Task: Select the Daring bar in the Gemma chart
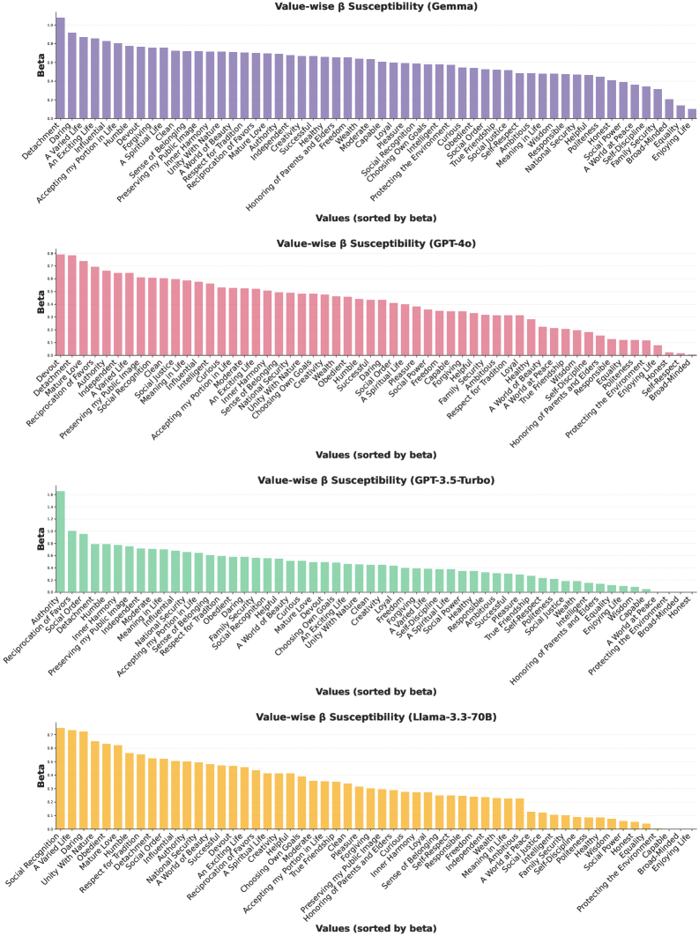(71, 76)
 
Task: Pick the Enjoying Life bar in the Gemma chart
(692, 113)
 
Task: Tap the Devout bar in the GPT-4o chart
(60, 305)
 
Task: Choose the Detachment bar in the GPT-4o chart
(71, 306)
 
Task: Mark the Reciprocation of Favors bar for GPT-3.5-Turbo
(71, 561)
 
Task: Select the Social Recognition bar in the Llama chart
(60, 779)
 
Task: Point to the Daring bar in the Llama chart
(83, 781)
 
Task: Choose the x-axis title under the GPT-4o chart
(375, 455)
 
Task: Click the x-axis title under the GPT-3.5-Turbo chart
(375, 692)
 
